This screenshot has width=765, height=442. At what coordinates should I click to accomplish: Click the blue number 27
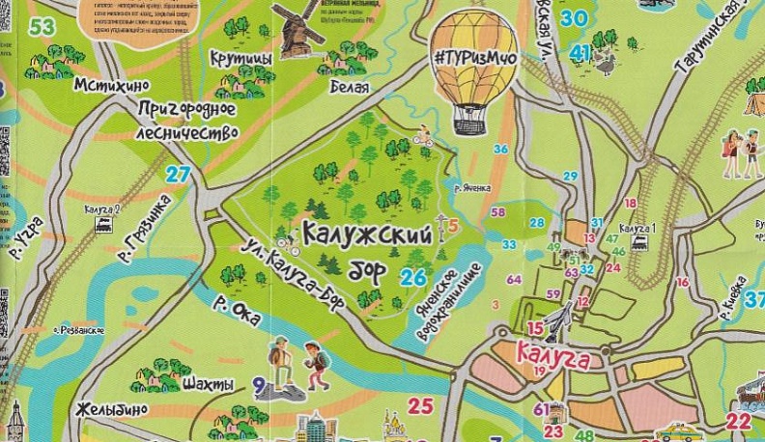pos(177,175)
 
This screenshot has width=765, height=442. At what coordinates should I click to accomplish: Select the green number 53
pos(42,26)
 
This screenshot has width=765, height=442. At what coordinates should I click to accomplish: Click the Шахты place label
pos(208,385)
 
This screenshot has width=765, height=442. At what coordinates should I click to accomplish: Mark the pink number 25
pos(420,405)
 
